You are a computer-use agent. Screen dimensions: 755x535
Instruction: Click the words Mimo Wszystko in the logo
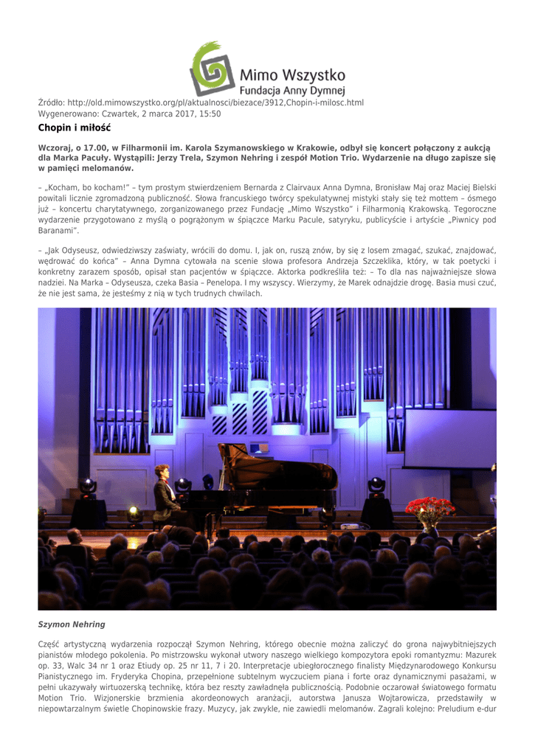click(292, 74)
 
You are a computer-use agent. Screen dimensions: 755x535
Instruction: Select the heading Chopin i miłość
click(74, 128)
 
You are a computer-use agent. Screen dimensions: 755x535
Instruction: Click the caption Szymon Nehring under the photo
click(72, 624)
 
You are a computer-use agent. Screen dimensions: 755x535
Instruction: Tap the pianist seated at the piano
click(164, 494)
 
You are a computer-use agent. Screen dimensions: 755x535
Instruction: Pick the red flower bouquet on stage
click(429, 509)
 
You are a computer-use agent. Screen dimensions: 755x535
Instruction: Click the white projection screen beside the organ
click(449, 438)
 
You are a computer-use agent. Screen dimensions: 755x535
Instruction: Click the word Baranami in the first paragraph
click(60, 232)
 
